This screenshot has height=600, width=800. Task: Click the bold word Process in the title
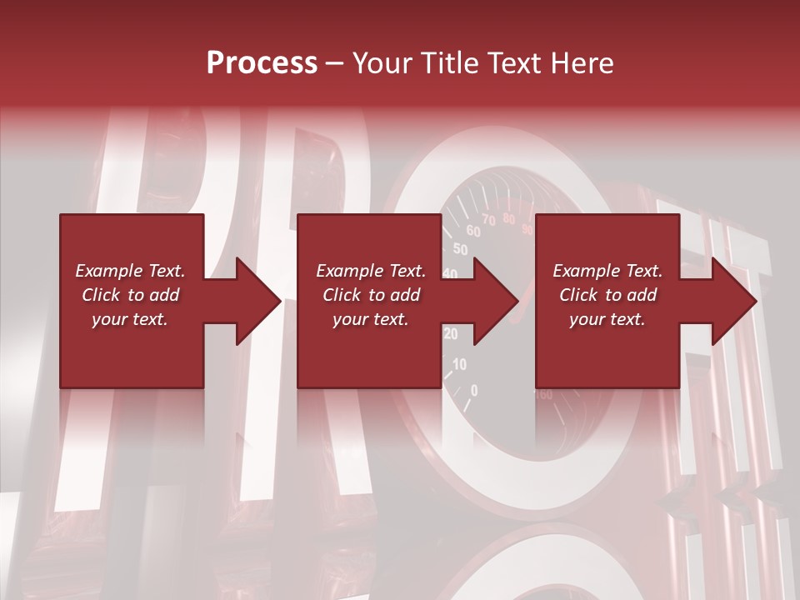coord(262,63)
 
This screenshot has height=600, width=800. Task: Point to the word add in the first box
coord(164,295)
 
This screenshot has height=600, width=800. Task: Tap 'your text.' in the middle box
coord(371,319)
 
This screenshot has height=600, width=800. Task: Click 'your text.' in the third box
coord(607,319)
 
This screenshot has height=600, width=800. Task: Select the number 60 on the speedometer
coord(472,231)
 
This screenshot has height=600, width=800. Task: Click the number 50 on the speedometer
coord(460,248)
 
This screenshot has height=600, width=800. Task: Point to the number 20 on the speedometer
coord(451,334)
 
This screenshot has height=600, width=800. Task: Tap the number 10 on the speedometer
coord(459,364)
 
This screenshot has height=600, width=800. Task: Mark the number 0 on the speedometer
coord(474,390)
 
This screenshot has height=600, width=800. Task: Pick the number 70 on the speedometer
coord(488,220)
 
